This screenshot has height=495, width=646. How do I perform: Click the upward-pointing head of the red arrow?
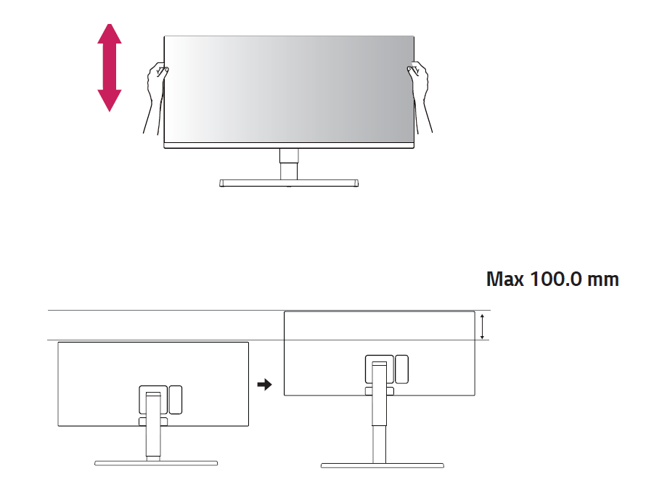(110, 34)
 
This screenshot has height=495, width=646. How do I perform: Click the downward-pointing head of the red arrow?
(110, 100)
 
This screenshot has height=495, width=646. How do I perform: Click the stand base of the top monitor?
(289, 183)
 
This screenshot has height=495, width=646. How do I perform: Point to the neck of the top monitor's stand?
(289, 164)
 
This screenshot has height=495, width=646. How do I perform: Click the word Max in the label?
(504, 279)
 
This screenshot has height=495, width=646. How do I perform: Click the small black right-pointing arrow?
(264, 385)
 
